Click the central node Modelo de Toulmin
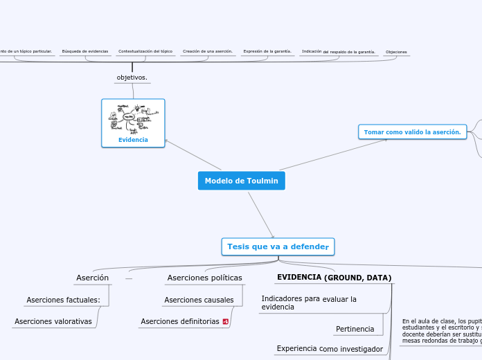[241, 181]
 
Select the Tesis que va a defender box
[278, 246]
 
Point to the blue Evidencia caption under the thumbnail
[133, 140]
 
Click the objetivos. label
[132, 78]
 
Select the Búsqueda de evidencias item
[85, 51]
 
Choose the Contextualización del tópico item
[145, 51]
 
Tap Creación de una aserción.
[207, 51]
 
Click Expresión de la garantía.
[267, 51]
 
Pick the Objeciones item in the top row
[396, 52]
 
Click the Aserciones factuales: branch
[63, 300]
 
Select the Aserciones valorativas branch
[53, 321]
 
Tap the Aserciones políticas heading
[205, 278]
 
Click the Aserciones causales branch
[199, 300]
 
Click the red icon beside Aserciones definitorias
[225, 322]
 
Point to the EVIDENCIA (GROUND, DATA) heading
[334, 278]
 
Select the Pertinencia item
[355, 329]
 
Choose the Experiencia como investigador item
[330, 349]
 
